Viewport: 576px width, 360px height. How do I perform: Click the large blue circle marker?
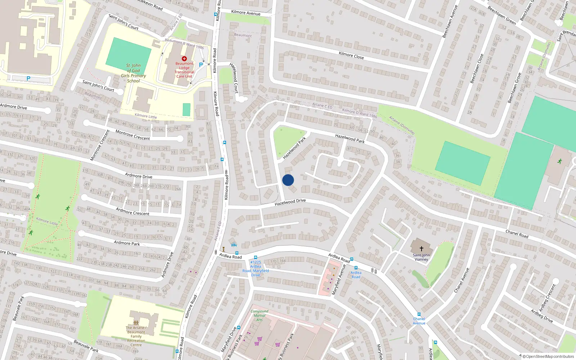click(x=288, y=180)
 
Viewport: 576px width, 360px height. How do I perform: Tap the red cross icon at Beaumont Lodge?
click(x=184, y=58)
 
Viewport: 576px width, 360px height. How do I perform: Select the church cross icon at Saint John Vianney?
click(x=421, y=248)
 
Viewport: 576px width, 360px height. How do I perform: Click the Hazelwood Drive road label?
click(x=290, y=202)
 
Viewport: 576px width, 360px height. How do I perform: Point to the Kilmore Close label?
click(x=351, y=55)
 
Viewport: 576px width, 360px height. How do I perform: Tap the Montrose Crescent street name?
click(x=132, y=135)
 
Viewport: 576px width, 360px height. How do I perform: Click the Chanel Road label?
click(x=517, y=234)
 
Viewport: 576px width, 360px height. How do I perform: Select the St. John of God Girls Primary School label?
click(x=134, y=73)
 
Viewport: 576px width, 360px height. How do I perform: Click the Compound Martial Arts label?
click(x=260, y=315)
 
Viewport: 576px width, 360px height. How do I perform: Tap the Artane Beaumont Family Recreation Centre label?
click(x=136, y=336)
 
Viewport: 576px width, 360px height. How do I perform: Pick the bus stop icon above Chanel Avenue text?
click(x=419, y=314)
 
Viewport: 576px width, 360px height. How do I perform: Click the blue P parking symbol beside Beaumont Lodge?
click(x=201, y=65)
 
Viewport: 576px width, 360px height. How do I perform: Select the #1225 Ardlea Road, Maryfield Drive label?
click(x=256, y=269)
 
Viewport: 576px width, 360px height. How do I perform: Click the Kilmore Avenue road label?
click(x=246, y=13)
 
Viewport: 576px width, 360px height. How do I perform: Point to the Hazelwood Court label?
click(x=234, y=78)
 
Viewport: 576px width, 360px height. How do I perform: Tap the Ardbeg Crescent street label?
click(x=548, y=297)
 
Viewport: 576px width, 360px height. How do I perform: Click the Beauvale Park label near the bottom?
click(x=86, y=346)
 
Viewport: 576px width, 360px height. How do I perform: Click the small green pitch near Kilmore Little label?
click(x=186, y=109)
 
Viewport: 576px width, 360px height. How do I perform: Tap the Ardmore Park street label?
click(x=127, y=243)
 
